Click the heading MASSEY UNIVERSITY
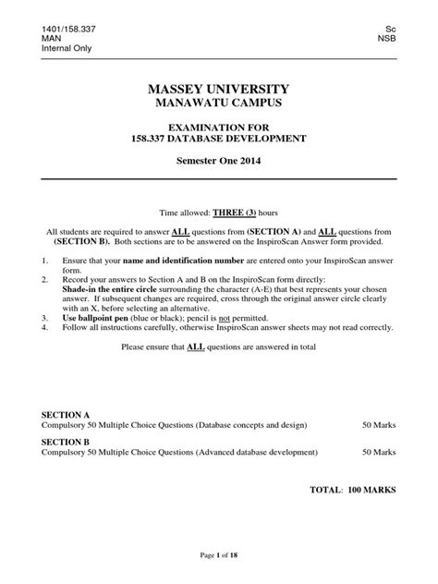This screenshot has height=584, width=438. click(x=219, y=90)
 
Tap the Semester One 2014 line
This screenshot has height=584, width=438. click(x=219, y=161)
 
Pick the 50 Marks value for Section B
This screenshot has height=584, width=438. click(x=379, y=453)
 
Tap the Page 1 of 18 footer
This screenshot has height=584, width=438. click(x=219, y=554)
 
